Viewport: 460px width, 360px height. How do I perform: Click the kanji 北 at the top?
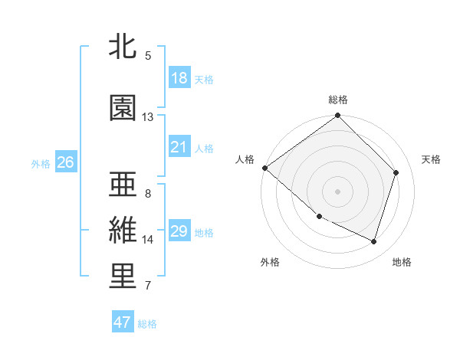pos(123,47)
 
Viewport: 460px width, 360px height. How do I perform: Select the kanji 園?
pos(123,108)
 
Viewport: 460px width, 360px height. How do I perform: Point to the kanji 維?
pos(123,231)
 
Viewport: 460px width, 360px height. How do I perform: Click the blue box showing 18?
pos(179,78)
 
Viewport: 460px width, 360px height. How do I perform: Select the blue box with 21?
pos(179,147)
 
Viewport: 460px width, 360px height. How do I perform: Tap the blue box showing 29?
pos(179,231)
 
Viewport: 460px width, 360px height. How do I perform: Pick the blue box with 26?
pos(65,162)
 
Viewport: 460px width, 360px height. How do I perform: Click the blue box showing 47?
pos(123,322)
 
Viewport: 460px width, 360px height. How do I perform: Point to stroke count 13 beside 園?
pos(148,117)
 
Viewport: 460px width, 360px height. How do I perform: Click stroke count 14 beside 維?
pos(148,240)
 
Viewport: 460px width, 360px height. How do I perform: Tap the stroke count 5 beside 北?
pos(148,55)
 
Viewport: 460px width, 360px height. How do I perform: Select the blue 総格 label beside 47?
pos(147,324)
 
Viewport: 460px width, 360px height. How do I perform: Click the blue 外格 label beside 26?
pos(41,163)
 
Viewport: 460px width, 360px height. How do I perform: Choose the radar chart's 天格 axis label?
pos(431,159)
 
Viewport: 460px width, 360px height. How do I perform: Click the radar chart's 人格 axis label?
pos(245,159)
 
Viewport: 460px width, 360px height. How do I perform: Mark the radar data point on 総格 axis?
pos(337,116)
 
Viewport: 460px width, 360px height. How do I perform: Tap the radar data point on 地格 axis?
pos(373,241)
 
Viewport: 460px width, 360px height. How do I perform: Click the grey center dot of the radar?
pos(337,191)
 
